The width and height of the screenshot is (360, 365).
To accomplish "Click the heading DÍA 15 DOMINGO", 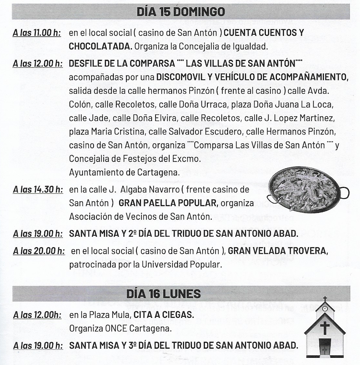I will coord(180,12).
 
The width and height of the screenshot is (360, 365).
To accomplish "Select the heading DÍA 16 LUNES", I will coord(163,294).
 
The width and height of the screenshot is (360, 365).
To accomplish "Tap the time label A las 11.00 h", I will coord(36,33).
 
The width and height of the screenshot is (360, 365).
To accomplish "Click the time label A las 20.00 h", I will coord(39,251).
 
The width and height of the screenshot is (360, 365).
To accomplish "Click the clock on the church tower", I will coord(325,308).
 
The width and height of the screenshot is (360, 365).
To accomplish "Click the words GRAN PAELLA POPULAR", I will coord(168,203).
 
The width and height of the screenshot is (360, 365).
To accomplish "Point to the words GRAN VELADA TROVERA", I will coord(278,251).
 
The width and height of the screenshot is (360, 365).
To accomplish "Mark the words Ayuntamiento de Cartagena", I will coord(124,172).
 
